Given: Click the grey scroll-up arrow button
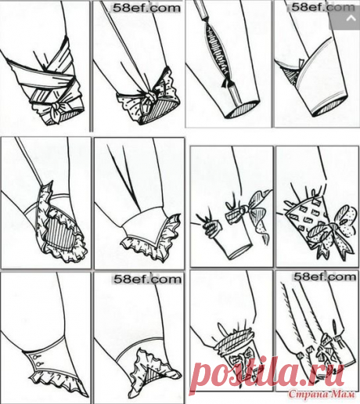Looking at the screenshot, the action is click(350, 19).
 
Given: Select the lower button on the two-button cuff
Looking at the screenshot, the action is click(39, 363).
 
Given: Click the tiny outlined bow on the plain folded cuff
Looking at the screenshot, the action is click(301, 63).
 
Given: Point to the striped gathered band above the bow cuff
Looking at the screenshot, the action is click(236, 337).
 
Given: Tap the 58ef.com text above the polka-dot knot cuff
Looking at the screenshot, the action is click(146, 8).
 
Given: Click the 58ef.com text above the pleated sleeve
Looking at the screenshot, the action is click(325, 277).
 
